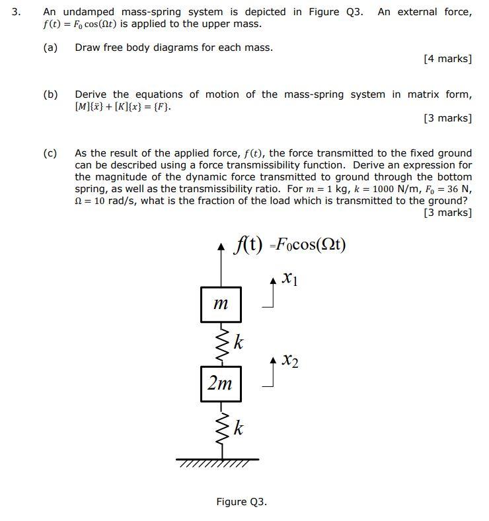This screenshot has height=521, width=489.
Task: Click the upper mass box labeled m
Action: (x=221, y=304)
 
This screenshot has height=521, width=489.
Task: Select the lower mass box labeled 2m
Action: (x=221, y=383)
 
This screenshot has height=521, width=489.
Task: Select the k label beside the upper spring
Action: (x=239, y=343)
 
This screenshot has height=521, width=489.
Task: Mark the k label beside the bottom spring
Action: (x=239, y=429)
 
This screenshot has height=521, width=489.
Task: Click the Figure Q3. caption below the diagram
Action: (x=241, y=502)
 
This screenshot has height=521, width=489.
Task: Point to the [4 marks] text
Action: (x=447, y=59)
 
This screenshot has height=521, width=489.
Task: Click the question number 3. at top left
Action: (x=17, y=12)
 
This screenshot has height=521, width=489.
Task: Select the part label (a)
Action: (x=50, y=48)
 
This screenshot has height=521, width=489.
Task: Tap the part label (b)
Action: (x=50, y=94)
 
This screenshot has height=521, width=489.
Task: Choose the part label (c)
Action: (x=50, y=153)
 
